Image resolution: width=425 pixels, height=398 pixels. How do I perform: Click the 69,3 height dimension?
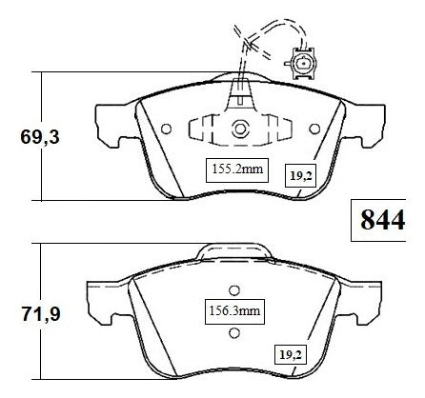click(40, 137)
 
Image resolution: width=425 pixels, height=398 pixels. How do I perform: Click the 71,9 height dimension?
click(41, 314)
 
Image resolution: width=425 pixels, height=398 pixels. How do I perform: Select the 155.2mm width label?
click(237, 169)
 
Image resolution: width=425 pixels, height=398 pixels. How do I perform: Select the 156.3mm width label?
click(234, 311)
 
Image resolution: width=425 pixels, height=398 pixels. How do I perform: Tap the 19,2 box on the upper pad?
click(300, 175)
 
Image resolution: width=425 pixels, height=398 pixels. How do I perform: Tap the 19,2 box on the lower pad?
click(291, 354)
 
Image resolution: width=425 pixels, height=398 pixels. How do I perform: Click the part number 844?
click(382, 220)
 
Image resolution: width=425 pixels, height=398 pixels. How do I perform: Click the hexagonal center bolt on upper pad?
click(239, 129)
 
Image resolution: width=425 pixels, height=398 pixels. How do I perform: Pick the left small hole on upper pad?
click(167, 129)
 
